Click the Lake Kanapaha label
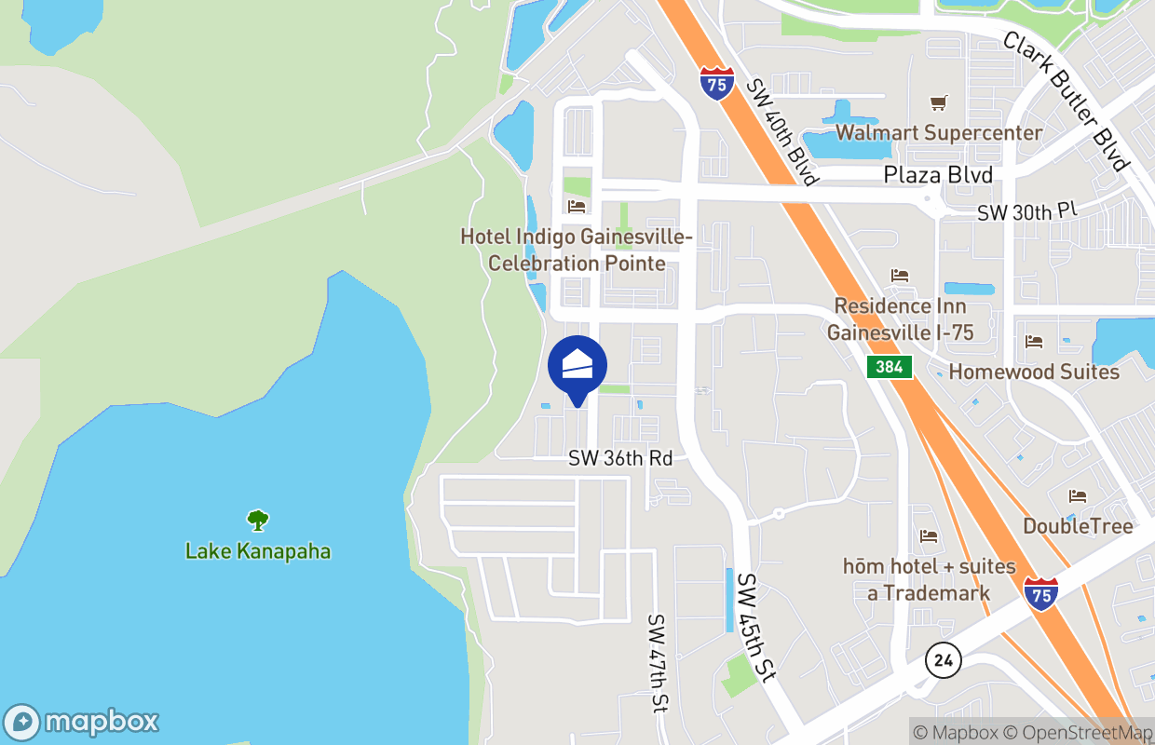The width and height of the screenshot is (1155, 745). pos(258,550)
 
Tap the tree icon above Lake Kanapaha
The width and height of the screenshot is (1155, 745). pos(258,520)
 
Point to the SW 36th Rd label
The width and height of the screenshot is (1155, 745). pos(620,459)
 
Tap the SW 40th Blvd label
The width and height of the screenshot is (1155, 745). pos(781,131)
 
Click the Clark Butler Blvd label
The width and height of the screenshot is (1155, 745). pos(1066,102)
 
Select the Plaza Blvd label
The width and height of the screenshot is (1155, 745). pos(938,175)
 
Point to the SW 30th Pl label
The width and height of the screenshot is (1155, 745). pos(1026,211)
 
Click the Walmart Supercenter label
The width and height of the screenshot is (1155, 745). pos(939,132)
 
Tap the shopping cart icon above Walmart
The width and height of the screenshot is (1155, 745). pos(939,102)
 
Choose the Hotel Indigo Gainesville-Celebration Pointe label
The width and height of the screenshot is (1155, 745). pos(577,250)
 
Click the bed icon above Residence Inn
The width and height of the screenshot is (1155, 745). pos(899,276)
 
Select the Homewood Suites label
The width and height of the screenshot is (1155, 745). pos(1034,372)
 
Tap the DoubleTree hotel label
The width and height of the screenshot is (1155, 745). pos(1078,526)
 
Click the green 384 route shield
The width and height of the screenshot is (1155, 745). pos(890,367)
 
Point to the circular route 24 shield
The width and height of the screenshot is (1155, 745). pos(944,661)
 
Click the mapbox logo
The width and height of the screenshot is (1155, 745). pos(81,722)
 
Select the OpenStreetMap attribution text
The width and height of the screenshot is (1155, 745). pos(1084,733)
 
